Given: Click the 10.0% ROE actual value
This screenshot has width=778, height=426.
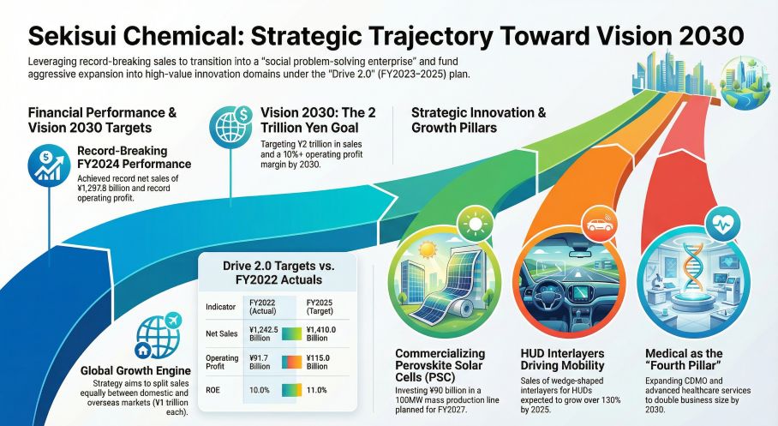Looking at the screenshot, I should tap(258, 391).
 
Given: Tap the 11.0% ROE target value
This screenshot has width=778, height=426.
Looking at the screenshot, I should tap(318, 391).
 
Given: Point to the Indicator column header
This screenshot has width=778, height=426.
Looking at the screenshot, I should tap(221, 306).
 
